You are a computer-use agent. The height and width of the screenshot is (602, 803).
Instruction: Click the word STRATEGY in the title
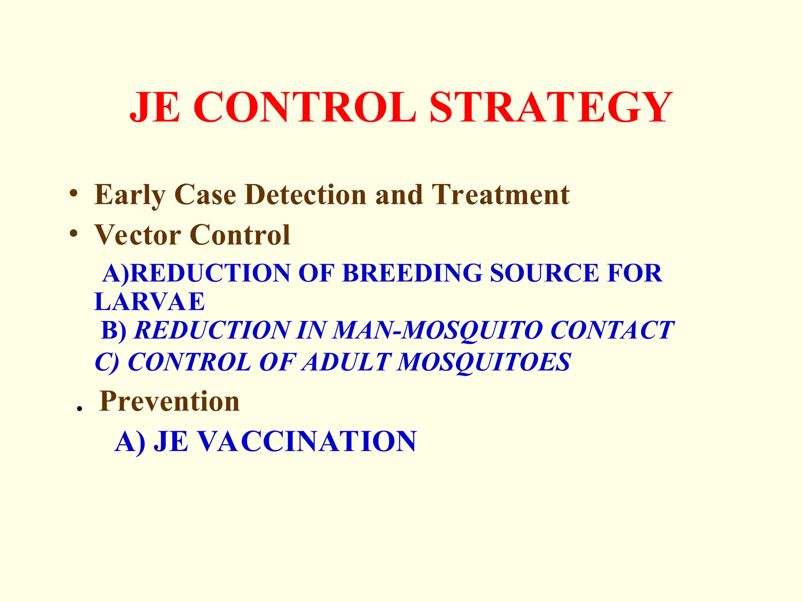point(551,107)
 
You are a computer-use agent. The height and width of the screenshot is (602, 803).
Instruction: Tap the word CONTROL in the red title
point(304,107)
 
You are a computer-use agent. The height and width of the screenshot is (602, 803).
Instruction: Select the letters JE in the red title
point(155,107)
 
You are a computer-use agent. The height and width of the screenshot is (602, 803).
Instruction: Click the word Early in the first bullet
point(129,195)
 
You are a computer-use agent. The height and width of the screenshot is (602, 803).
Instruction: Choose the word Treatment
point(501,195)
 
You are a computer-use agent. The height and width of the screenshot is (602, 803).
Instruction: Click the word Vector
point(138,235)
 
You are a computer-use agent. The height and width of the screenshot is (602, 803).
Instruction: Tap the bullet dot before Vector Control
point(73,233)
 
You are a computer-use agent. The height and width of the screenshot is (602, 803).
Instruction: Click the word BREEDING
point(412,273)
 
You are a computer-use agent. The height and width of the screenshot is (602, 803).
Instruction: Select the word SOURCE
point(545,273)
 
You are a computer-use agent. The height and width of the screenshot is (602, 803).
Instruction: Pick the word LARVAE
point(149,302)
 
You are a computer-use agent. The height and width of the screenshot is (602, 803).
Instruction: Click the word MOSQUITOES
point(484,362)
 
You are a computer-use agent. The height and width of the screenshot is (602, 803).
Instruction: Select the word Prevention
point(169,401)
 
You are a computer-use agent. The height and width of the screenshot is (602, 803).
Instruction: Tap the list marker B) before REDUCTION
point(114,330)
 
